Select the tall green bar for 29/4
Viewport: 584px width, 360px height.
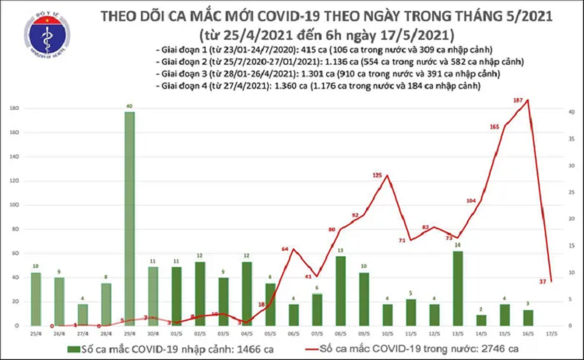coord(129,218)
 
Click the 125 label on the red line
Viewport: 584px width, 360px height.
coord(378,176)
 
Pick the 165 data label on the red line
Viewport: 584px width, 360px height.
coord(494,126)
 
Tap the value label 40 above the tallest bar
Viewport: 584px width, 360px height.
coord(129,105)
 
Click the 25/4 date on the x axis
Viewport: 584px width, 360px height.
coord(36,334)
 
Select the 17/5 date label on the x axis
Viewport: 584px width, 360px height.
coord(552,334)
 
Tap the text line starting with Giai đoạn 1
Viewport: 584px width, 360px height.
coord(291,50)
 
